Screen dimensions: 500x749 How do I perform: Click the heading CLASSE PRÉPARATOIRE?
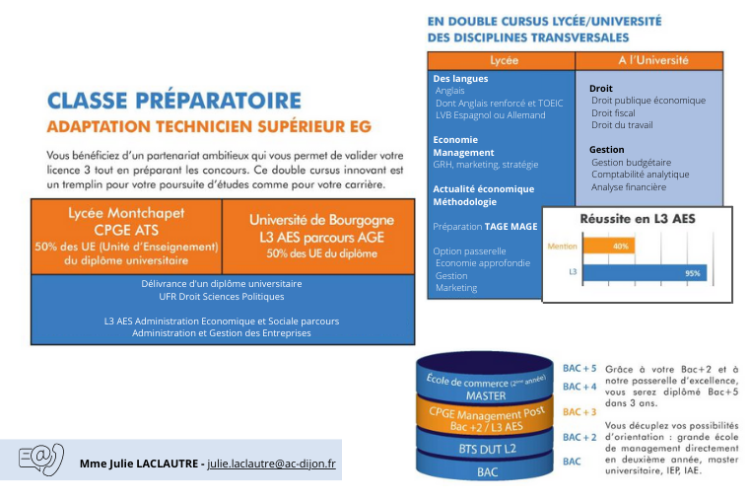click(x=174, y=101)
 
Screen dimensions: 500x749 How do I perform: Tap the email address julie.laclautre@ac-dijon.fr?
click(x=271, y=463)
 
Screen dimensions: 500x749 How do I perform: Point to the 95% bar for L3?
click(x=645, y=273)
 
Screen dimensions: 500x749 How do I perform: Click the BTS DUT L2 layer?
click(x=487, y=448)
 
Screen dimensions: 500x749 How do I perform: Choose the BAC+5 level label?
click(x=579, y=368)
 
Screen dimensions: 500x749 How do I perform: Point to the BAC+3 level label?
click(x=579, y=412)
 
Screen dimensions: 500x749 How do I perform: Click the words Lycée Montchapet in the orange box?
click(x=126, y=213)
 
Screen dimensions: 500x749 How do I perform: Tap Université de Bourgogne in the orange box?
click(x=321, y=218)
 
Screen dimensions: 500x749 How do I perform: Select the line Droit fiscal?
click(x=613, y=112)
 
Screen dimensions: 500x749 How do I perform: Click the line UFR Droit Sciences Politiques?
click(x=221, y=296)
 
